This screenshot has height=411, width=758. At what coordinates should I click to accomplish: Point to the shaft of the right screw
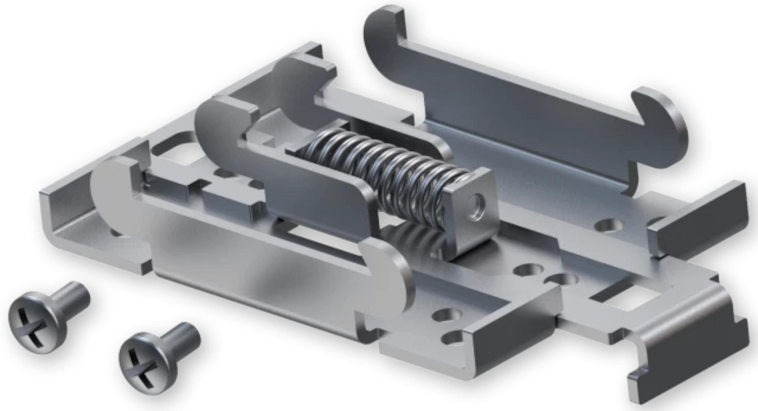(185, 339)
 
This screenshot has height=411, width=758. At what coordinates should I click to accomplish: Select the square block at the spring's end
(471, 212)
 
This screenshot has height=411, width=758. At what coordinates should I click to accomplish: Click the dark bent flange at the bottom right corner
(689, 365)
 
